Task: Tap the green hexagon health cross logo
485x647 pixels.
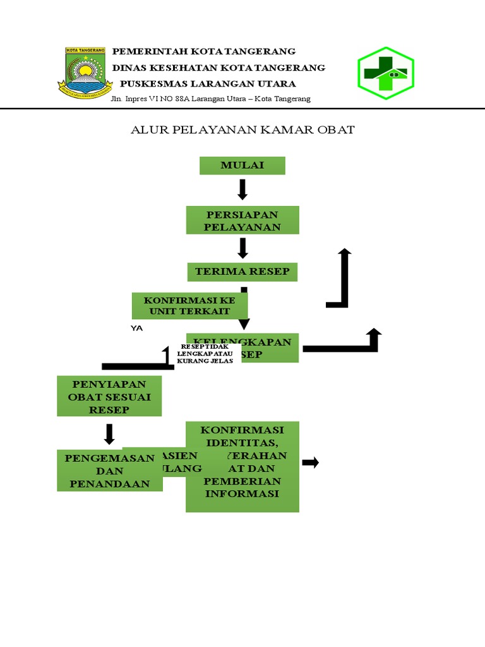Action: (x=385, y=73)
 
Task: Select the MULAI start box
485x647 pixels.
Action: (x=242, y=166)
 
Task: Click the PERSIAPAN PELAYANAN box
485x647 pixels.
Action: (x=242, y=220)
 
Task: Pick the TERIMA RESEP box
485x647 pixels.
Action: (x=242, y=272)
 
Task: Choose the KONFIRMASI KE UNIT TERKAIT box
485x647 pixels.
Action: (x=189, y=306)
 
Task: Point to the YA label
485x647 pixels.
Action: (x=137, y=328)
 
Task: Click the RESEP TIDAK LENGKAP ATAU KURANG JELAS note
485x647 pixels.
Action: (x=205, y=353)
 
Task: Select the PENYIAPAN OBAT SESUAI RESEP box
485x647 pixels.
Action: (x=109, y=396)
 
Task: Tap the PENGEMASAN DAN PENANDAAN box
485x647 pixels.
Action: (x=109, y=470)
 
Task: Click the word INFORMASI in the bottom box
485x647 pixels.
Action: (x=242, y=493)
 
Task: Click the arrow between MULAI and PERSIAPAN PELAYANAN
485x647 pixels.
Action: (x=242, y=190)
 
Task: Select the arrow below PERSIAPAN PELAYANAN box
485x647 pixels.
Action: (x=242, y=248)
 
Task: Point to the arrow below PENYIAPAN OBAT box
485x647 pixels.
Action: (x=109, y=434)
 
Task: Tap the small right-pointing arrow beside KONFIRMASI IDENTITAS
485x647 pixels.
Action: (x=310, y=463)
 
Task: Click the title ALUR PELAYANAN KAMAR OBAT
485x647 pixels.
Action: (x=242, y=130)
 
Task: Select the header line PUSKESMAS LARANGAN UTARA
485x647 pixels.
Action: (x=208, y=83)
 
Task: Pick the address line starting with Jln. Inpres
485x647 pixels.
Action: (x=210, y=99)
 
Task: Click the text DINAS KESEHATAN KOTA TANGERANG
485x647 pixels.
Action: (x=219, y=68)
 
